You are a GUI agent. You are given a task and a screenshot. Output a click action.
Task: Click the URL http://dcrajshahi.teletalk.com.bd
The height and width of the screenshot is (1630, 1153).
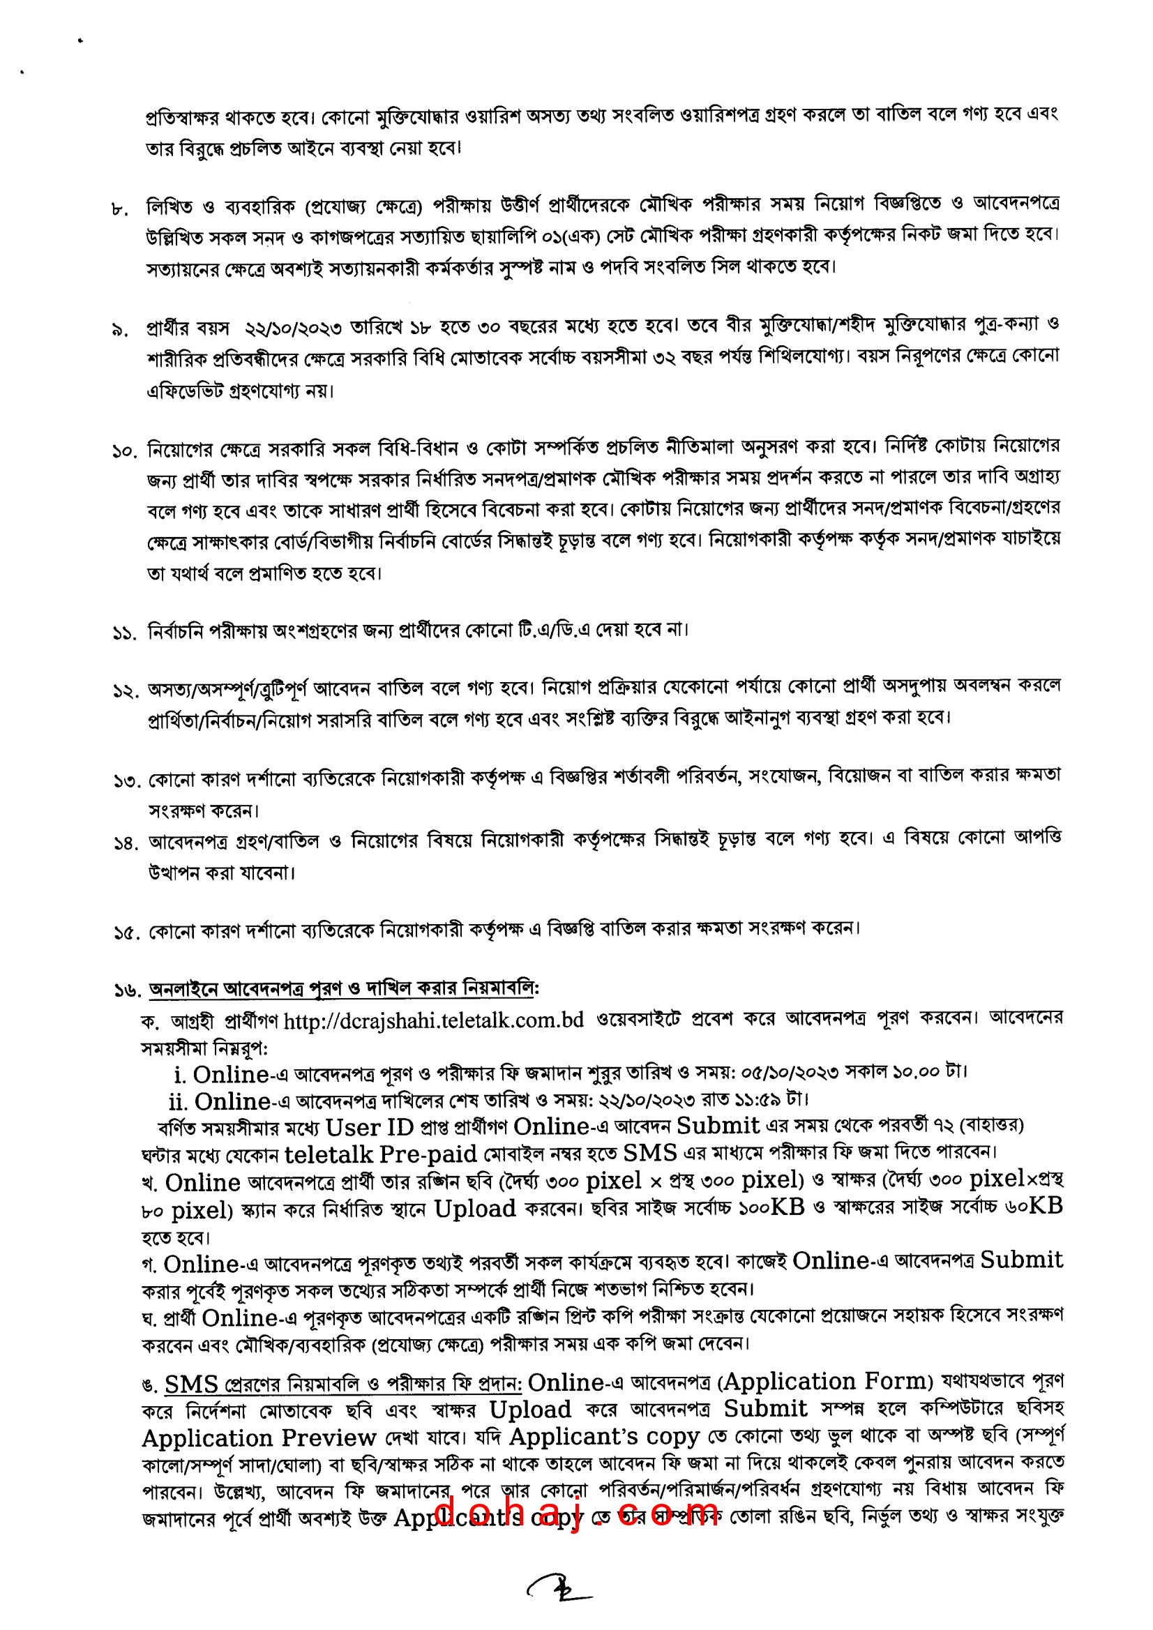tap(433, 1020)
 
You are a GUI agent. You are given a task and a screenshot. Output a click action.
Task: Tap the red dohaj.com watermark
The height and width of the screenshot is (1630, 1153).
tap(575, 1513)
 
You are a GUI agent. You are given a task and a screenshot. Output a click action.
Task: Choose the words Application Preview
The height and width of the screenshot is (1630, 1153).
tap(259, 1437)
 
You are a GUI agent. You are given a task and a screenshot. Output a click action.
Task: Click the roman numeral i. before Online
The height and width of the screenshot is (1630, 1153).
tap(181, 1074)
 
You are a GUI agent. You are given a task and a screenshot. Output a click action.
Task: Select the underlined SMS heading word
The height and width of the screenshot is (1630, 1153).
tap(191, 1384)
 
